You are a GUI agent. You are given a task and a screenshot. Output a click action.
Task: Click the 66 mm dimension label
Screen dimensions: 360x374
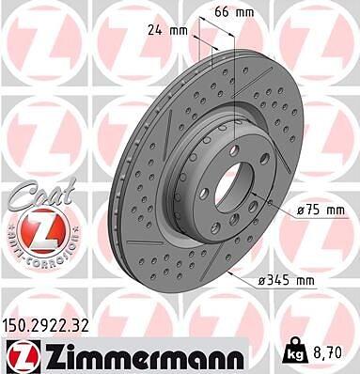(x=234, y=12)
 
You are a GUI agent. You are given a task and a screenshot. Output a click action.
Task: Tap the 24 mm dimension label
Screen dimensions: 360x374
(x=167, y=31)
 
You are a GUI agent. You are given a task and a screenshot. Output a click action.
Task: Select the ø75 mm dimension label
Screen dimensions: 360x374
(x=321, y=210)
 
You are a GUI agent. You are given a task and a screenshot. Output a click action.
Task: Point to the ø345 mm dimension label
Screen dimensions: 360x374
(x=286, y=280)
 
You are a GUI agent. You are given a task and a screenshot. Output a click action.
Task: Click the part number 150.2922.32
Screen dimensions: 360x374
(x=46, y=326)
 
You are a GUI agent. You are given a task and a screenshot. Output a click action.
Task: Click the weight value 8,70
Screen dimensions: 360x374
(x=328, y=353)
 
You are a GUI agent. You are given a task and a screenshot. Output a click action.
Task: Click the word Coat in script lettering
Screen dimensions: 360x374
(x=41, y=195)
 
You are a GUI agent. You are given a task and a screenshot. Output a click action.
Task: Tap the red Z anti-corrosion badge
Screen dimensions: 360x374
(x=43, y=230)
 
